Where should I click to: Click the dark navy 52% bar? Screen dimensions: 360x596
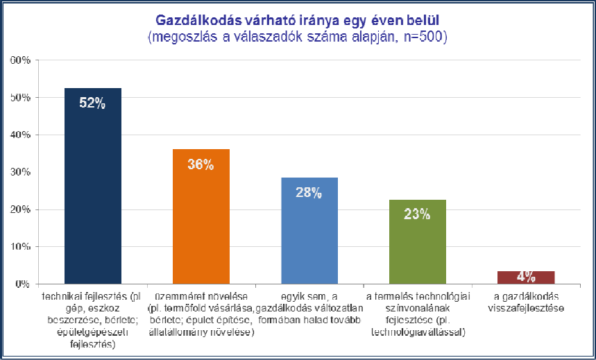tap(92, 187)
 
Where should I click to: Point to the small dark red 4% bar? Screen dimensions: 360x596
tap(525, 277)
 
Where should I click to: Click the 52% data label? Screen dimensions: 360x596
tap(92, 104)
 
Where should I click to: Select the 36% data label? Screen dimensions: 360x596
tap(201, 164)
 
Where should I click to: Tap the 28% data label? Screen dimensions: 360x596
tap(309, 194)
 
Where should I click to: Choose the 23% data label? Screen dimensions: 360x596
tap(417, 214)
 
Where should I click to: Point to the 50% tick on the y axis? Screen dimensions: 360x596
tap(19, 98)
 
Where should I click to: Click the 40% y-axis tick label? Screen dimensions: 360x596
tap(19, 135)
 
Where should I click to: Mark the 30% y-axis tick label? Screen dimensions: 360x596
tap(19, 173)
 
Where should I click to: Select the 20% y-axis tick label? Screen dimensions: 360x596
tap(19, 210)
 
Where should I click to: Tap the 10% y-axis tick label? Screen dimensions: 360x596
tap(19, 247)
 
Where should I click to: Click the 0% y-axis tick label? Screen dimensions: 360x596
tap(22, 284)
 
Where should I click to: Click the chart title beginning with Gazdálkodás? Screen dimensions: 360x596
tap(298, 19)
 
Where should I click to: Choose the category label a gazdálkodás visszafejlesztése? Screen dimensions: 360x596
tap(525, 303)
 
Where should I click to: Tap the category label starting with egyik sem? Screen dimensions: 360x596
tap(309, 309)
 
